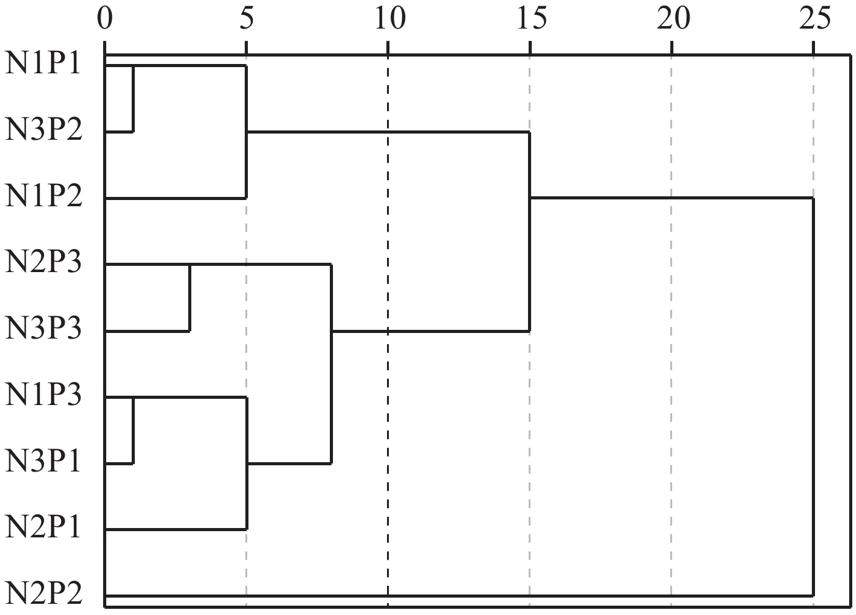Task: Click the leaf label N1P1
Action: [x=43, y=65]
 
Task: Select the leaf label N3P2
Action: [x=43, y=131]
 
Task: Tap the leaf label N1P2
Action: [x=43, y=198]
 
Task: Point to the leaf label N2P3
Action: [x=43, y=263]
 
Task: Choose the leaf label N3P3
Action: [x=43, y=330]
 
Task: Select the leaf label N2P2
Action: [x=43, y=594]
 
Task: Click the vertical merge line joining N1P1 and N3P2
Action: [x=134, y=98]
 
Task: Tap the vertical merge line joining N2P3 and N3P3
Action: [x=189, y=298]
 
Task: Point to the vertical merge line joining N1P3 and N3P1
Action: [x=134, y=430]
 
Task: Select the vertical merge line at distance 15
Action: [x=529, y=232]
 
